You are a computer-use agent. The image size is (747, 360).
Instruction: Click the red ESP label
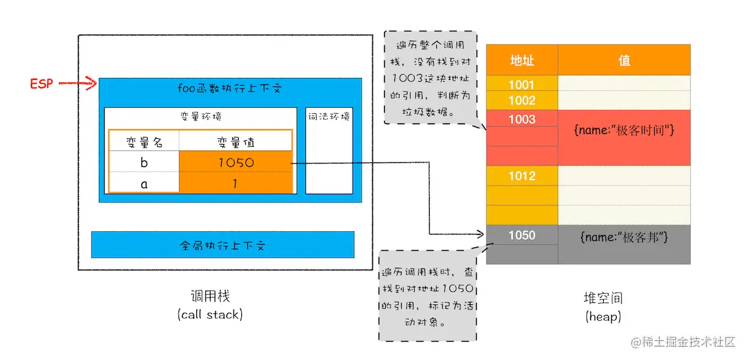coord(41,84)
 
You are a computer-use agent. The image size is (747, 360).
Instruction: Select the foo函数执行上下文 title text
coord(230,88)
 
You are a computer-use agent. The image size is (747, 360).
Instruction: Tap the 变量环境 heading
coord(200,116)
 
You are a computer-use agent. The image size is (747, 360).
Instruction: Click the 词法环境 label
coord(328,117)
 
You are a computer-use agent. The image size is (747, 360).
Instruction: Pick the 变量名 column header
coord(144,142)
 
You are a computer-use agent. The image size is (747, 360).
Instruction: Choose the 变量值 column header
coord(235,142)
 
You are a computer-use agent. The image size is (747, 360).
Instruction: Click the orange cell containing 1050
coord(235,162)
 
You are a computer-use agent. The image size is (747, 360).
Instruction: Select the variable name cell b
coord(144,162)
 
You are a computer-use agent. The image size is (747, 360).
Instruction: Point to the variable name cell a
coord(144,184)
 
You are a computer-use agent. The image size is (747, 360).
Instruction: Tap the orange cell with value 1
coord(235,184)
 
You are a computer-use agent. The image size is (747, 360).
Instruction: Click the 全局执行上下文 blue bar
coord(222,245)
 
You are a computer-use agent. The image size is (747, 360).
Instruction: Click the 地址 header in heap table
coord(522,60)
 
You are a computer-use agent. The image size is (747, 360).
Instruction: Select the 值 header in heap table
coord(624,60)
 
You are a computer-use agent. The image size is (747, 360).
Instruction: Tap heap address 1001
coord(522,84)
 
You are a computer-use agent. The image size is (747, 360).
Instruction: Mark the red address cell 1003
coord(522,119)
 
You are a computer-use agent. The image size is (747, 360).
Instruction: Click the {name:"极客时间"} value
coord(624,131)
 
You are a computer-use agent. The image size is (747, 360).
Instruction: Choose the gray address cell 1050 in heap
coord(522,235)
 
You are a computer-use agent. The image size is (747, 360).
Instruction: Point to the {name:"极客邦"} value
coord(624,236)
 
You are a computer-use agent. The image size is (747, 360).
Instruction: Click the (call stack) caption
coord(209,314)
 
